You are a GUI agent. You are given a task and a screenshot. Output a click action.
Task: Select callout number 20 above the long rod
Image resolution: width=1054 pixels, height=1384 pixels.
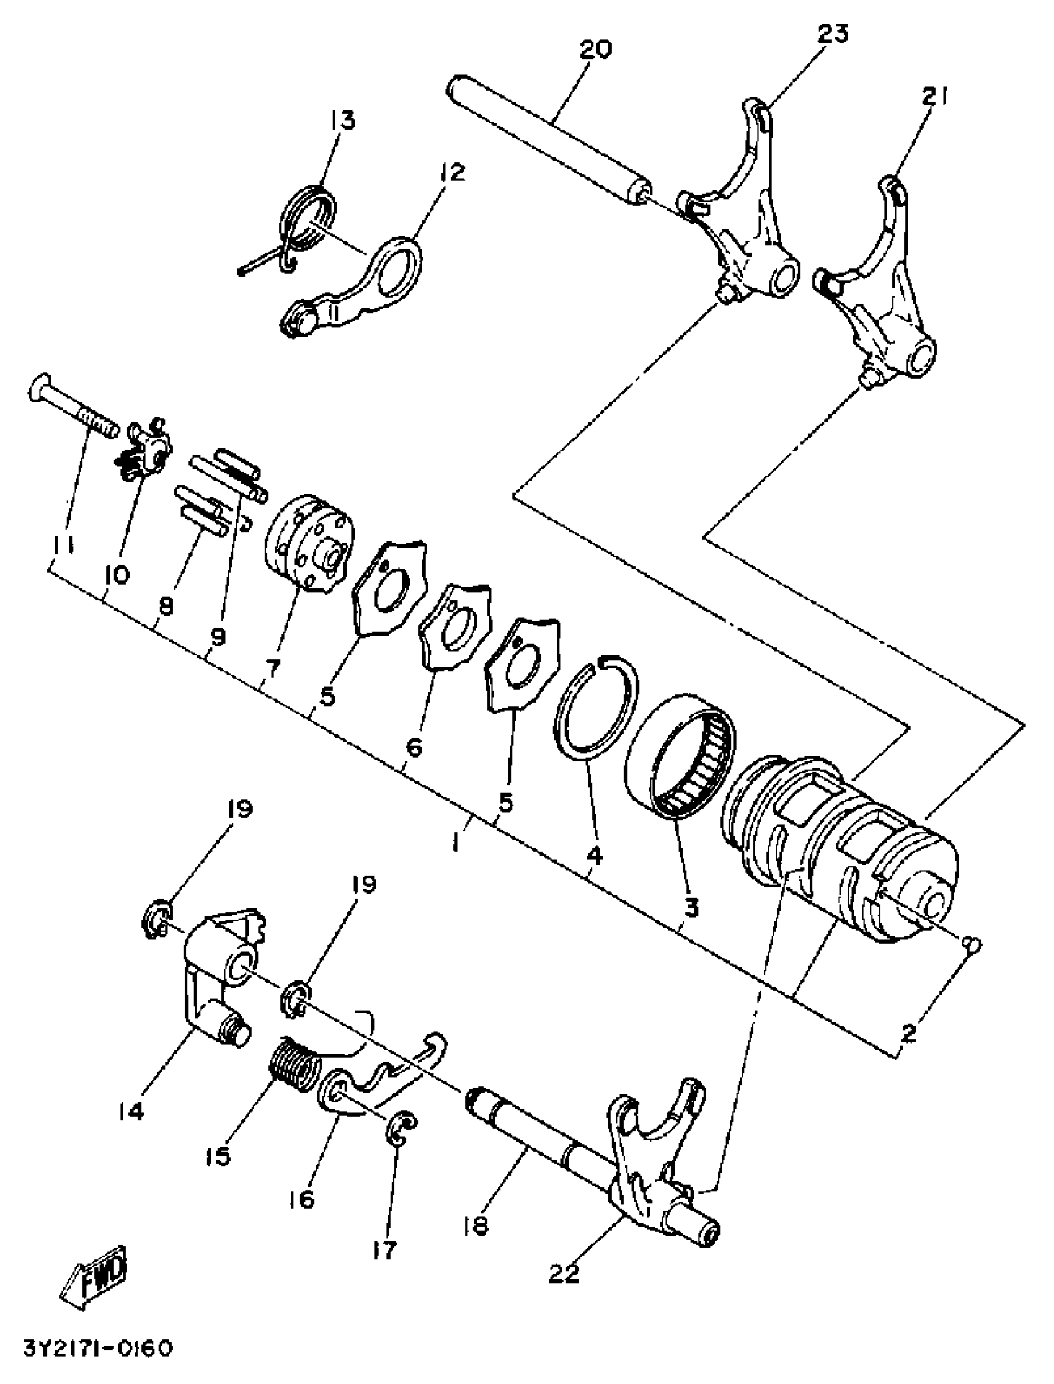(595, 49)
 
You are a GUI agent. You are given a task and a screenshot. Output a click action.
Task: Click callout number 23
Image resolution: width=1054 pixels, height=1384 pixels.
(832, 34)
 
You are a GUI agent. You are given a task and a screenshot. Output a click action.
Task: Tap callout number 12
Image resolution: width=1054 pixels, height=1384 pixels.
(453, 172)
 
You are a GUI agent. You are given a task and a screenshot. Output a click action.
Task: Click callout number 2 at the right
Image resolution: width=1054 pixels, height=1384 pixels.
(908, 1032)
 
